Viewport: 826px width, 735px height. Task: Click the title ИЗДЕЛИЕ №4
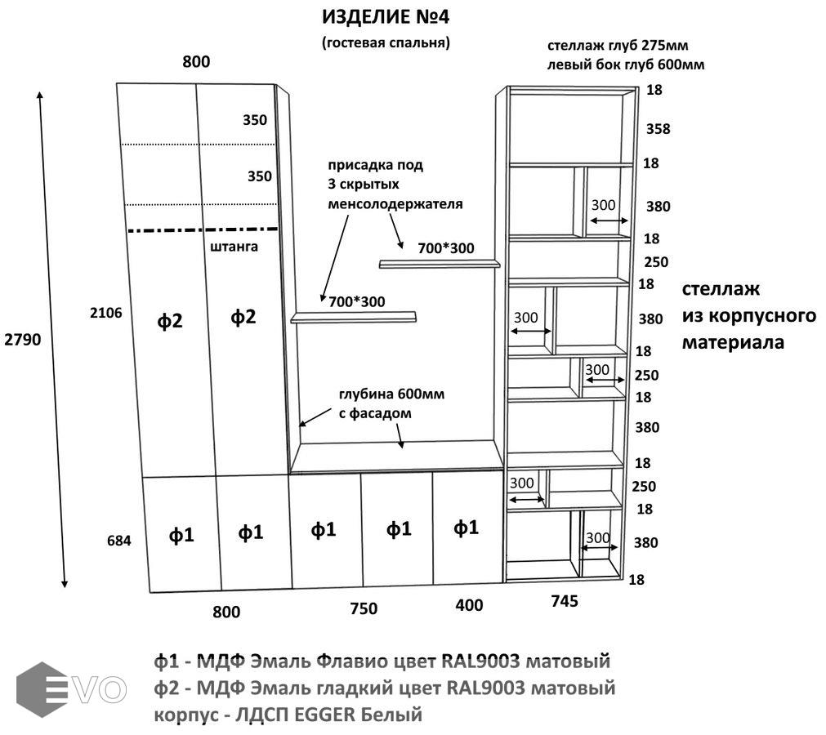[385, 17]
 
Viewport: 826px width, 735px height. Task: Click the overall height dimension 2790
[20, 339]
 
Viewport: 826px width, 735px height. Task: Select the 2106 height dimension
[107, 312]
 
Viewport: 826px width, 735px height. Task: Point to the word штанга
[234, 245]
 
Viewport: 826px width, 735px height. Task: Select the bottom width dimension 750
[364, 608]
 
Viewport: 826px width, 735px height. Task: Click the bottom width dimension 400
[469, 605]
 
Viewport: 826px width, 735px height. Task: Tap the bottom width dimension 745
[565, 601]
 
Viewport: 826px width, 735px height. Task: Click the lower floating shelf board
[353, 317]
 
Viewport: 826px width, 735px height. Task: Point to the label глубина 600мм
[391, 395]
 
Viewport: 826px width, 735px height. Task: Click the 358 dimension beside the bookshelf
[658, 128]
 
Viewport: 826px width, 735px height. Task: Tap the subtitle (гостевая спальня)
[386, 42]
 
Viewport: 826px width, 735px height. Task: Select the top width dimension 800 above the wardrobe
[196, 62]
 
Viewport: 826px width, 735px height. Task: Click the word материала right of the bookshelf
[733, 342]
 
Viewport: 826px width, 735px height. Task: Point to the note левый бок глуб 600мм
[626, 64]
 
